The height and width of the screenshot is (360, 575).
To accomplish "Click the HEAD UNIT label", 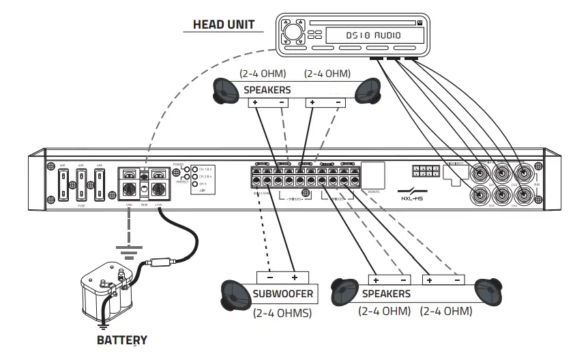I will click(223, 25).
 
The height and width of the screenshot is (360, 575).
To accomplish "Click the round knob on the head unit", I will click(292, 32).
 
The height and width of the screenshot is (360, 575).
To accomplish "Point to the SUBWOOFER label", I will click(283, 295).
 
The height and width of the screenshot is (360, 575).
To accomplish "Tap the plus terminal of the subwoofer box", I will click(295, 277).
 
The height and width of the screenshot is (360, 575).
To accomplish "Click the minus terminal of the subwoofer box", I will click(269, 277).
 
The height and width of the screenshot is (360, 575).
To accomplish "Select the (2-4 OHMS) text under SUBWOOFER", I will click(283, 314).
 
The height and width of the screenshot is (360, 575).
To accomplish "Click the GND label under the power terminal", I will click(129, 203).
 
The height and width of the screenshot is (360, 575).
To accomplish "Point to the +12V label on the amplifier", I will click(158, 203).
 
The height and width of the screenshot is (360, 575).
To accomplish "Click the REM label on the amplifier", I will click(144, 203).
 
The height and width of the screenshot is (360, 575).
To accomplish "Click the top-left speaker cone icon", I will click(228, 89).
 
